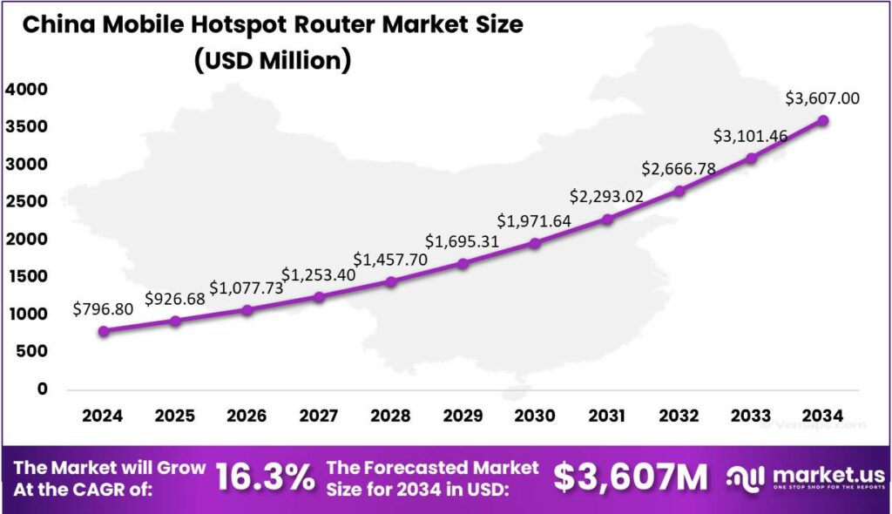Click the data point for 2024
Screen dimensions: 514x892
tap(104, 331)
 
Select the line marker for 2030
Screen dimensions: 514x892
tap(535, 243)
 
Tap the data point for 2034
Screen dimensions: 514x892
tap(822, 120)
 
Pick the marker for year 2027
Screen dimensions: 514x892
tap(319, 297)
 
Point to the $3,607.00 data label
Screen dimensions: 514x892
tap(822, 98)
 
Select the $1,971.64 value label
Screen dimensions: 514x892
tap(535, 220)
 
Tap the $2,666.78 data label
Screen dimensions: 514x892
tap(679, 168)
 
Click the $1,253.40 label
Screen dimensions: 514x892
tap(319, 274)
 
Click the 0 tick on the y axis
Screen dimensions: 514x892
tap(42, 389)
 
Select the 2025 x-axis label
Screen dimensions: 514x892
tap(175, 416)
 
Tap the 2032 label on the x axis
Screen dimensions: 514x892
tap(679, 416)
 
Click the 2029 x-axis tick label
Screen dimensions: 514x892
tap(463, 416)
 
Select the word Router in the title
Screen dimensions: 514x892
tap(297, 24)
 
